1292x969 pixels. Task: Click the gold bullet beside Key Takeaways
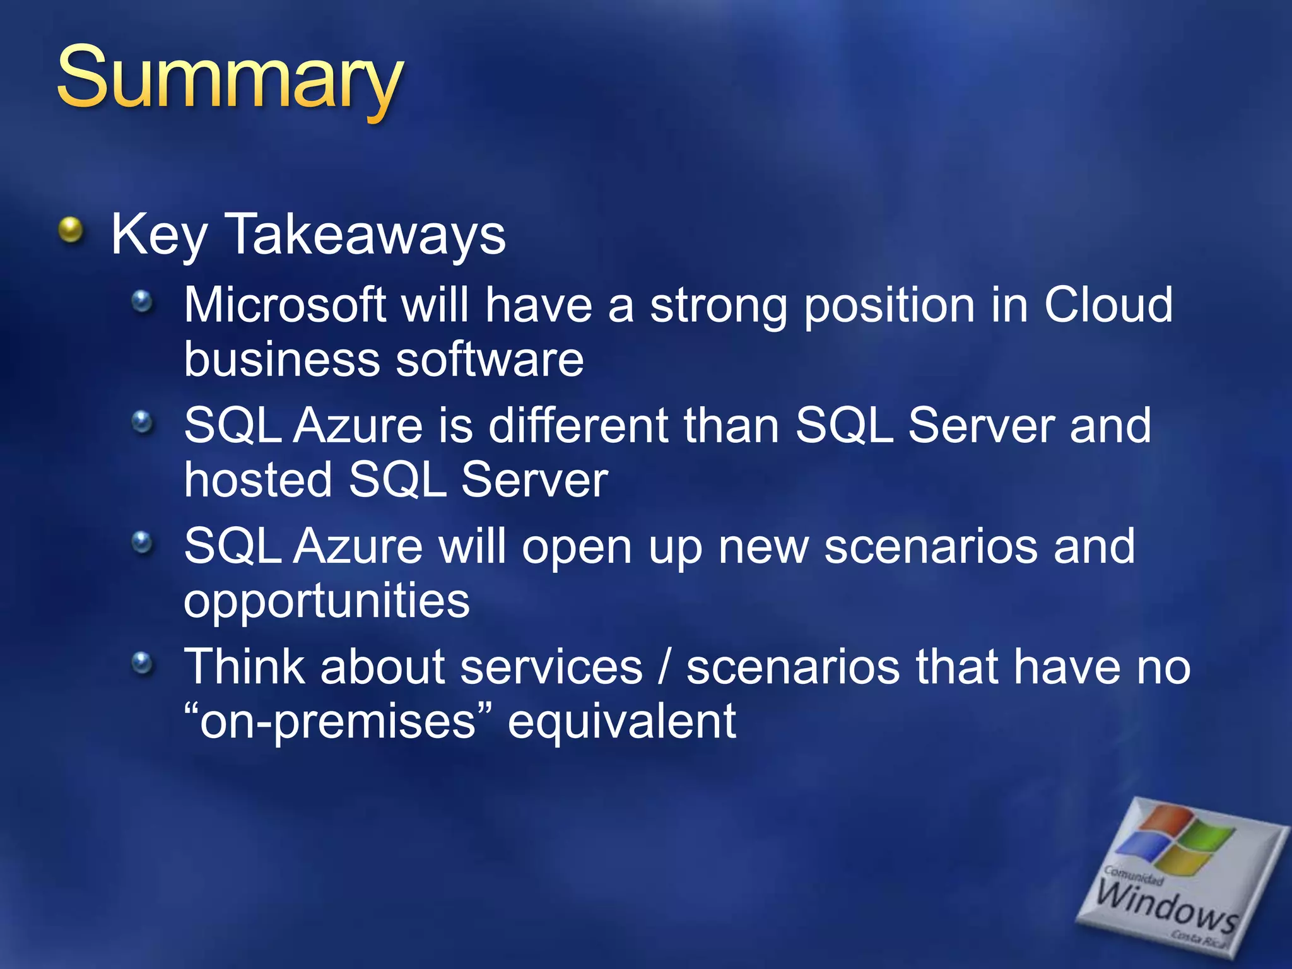click(71, 230)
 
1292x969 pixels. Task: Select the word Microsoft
click(285, 305)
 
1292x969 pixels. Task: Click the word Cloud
click(1108, 305)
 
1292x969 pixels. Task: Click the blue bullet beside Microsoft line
click(143, 301)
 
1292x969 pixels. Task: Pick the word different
click(578, 426)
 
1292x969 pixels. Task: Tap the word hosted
click(258, 480)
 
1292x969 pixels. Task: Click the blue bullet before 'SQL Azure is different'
click(143, 421)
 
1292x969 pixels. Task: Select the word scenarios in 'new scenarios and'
click(931, 546)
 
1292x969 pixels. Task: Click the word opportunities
click(327, 601)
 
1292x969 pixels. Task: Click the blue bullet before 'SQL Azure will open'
click(143, 542)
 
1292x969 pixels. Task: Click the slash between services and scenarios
click(664, 667)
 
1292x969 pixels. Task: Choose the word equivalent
click(622, 722)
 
